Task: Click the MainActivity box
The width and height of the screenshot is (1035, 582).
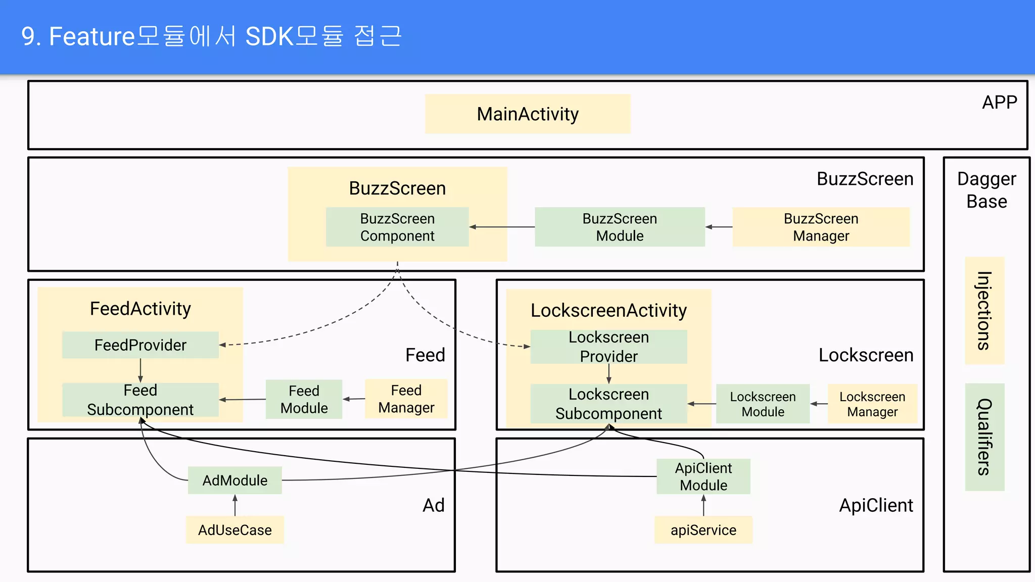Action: click(x=528, y=114)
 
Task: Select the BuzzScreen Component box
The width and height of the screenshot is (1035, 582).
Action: click(x=397, y=227)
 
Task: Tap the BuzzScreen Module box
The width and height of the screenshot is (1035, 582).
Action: click(x=620, y=227)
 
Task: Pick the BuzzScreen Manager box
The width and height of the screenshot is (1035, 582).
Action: click(x=821, y=227)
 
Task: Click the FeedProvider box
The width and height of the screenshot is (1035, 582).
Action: click(x=140, y=345)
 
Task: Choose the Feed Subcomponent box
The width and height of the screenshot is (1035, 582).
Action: click(x=140, y=400)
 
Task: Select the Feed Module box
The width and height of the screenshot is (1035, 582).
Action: click(x=304, y=399)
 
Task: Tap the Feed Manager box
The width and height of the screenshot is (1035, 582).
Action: click(x=406, y=399)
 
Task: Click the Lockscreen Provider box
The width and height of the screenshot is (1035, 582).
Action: click(x=608, y=347)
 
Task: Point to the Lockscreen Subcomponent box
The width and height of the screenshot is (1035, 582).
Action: click(x=608, y=404)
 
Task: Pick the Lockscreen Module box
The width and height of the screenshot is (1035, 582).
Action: click(x=763, y=404)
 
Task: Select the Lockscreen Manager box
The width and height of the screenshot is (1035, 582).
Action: click(x=872, y=404)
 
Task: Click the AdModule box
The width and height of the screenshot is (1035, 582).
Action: click(x=235, y=480)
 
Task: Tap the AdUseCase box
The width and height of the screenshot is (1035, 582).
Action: click(x=235, y=530)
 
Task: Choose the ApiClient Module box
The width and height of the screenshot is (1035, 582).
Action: click(x=703, y=476)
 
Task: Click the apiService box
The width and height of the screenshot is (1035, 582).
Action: click(x=703, y=530)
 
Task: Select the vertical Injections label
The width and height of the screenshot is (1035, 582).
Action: click(x=984, y=311)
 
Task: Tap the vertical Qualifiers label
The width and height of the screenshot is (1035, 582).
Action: click(x=984, y=437)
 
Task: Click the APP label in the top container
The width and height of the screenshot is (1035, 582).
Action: click(x=999, y=103)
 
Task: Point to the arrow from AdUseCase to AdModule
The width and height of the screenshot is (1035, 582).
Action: click(x=235, y=505)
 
